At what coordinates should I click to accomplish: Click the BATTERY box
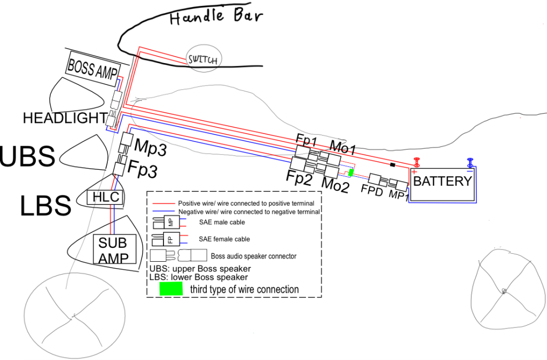(443, 184)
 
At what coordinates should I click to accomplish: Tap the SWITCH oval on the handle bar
(204, 59)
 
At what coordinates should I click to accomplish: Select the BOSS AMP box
(93, 69)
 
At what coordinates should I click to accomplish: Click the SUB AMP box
(114, 249)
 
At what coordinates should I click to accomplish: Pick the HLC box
(105, 198)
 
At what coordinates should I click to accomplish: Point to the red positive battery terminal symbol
(416, 163)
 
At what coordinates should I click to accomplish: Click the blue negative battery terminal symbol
(470, 163)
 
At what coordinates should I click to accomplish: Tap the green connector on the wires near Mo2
(351, 173)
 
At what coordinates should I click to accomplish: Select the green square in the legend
(171, 288)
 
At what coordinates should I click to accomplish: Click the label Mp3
(150, 147)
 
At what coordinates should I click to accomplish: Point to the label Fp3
(142, 168)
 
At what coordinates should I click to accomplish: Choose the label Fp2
(299, 177)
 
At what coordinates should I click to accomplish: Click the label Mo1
(342, 147)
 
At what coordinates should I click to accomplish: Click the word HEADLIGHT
(65, 118)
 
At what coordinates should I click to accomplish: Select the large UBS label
(27, 155)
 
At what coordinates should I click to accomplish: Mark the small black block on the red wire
(393, 165)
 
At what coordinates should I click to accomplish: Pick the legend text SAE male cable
(222, 222)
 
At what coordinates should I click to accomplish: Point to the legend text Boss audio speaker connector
(254, 256)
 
